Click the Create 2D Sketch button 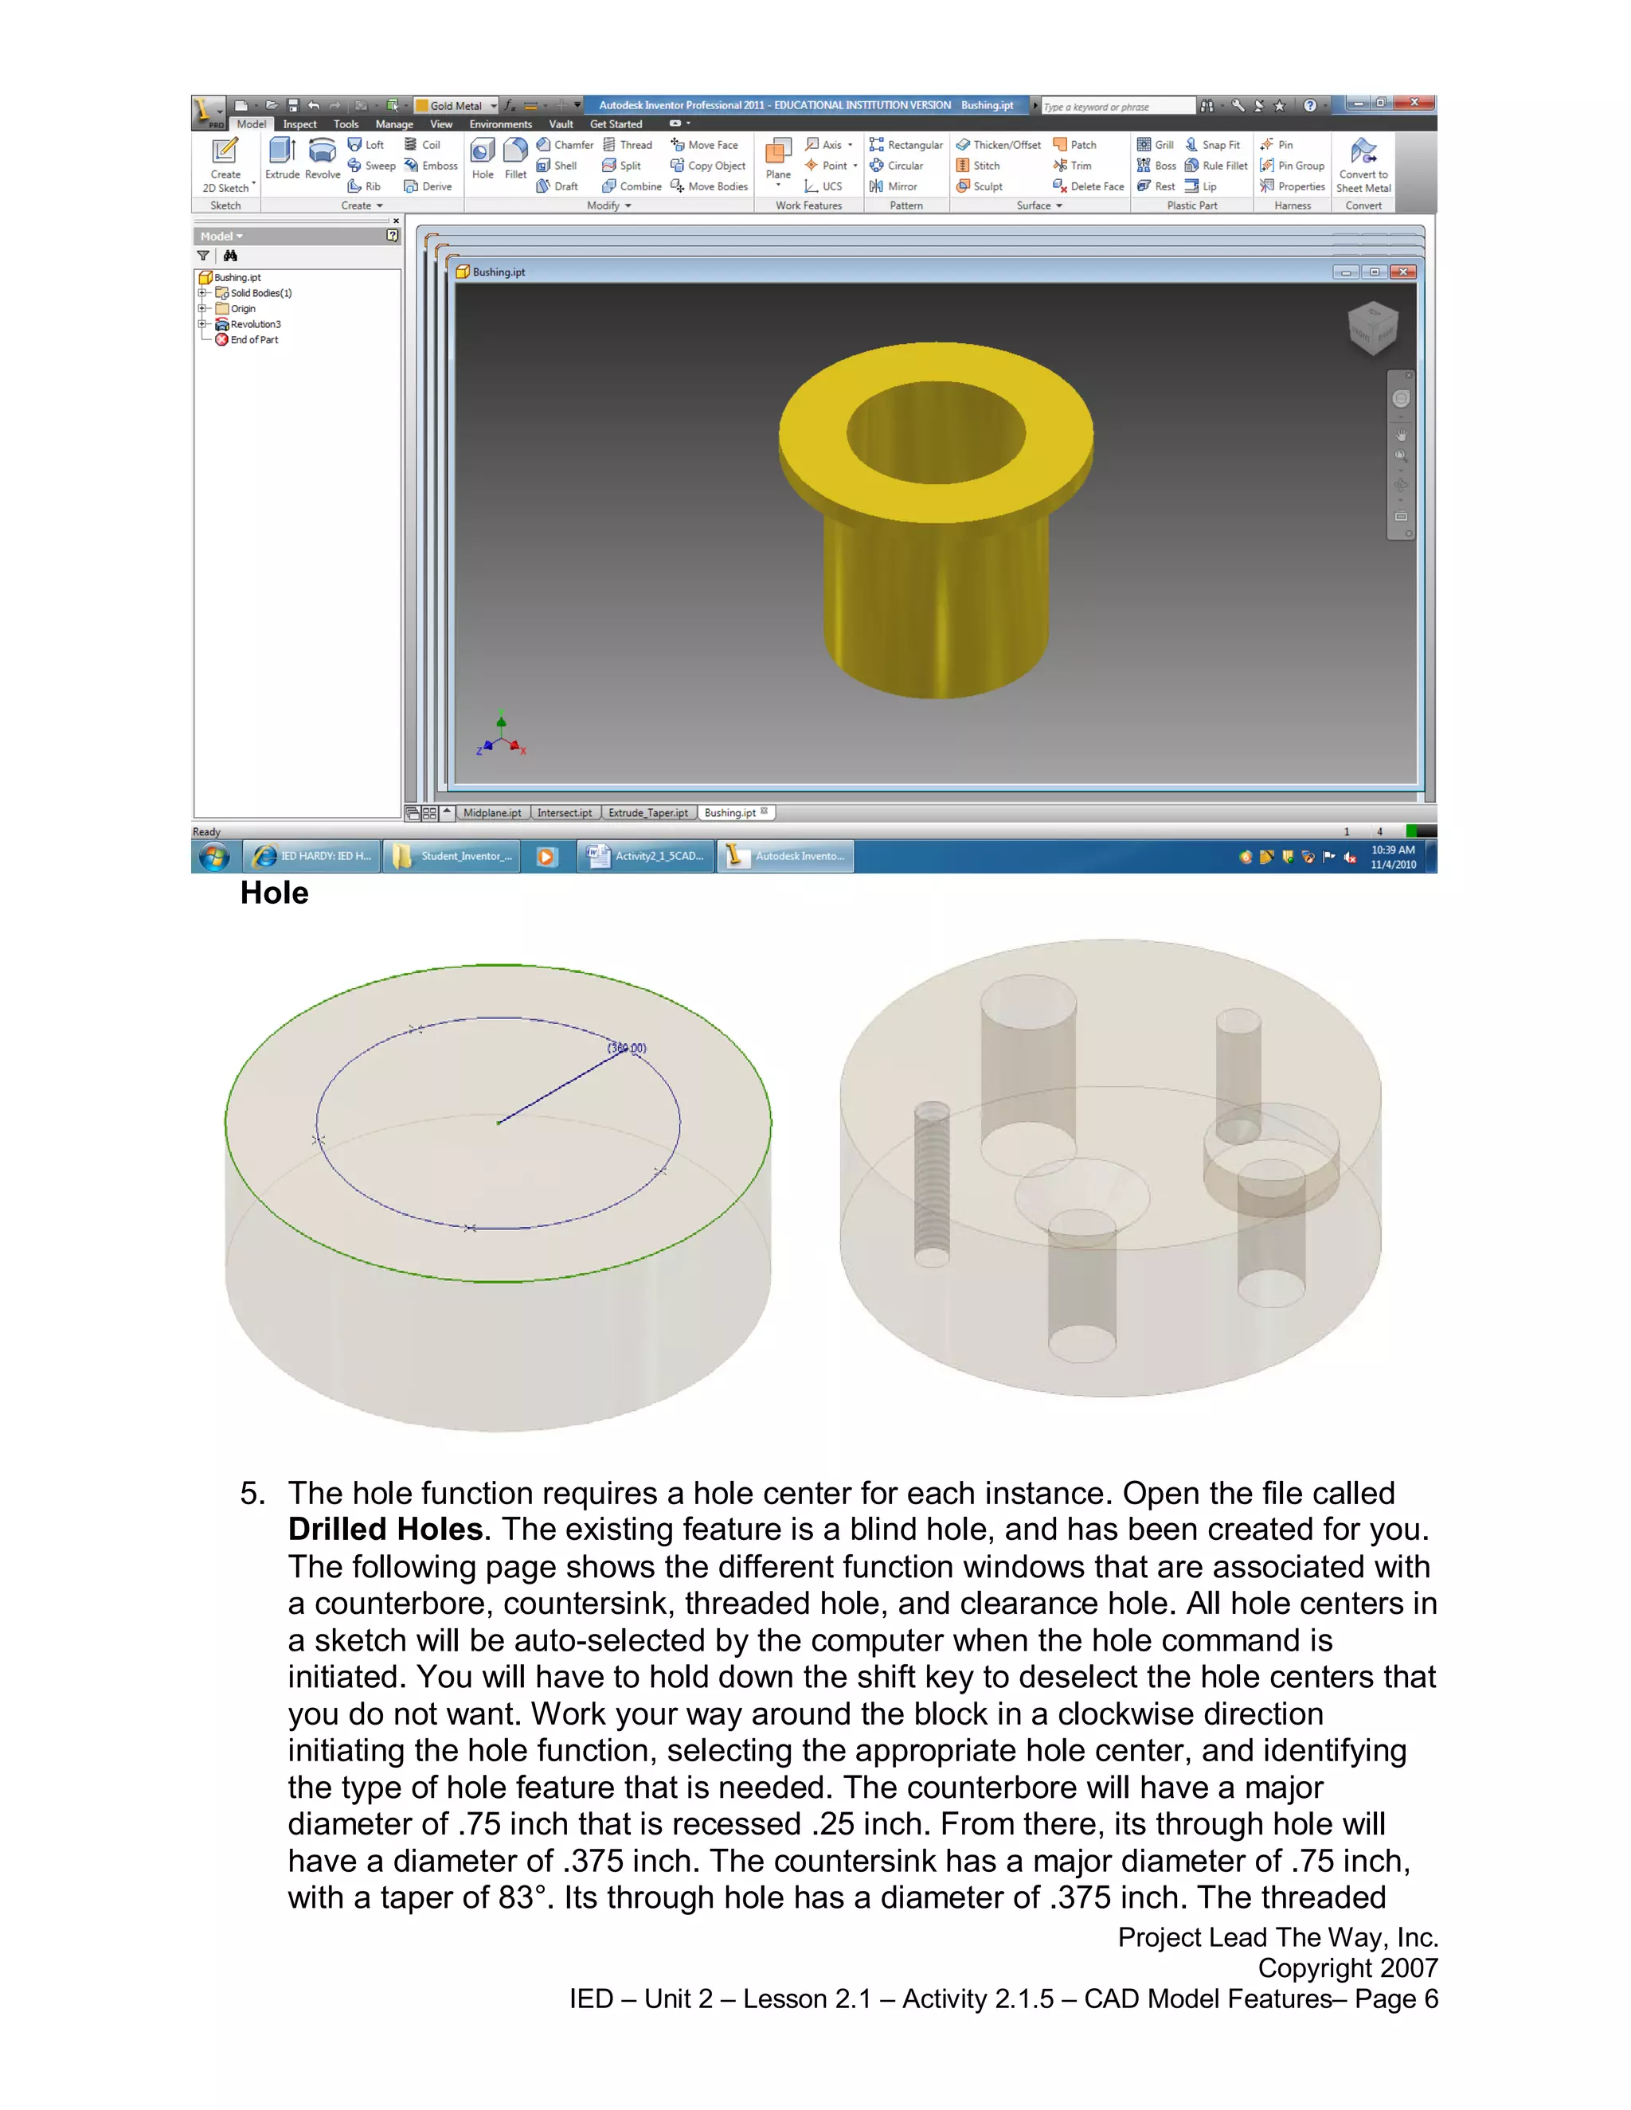225,164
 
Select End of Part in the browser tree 254,340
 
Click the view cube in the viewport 1373,326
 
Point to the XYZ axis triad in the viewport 500,738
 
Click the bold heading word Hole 275,893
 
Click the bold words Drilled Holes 385,1530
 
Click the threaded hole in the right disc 932,1183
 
